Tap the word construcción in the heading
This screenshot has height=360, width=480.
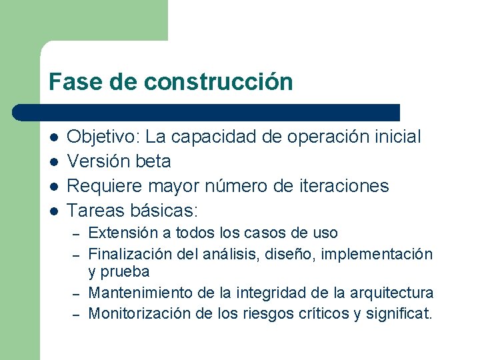tap(218, 82)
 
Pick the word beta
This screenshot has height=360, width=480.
tap(153, 161)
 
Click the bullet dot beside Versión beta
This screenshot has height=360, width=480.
tap(53, 162)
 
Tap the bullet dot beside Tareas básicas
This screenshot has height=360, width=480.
tap(53, 211)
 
